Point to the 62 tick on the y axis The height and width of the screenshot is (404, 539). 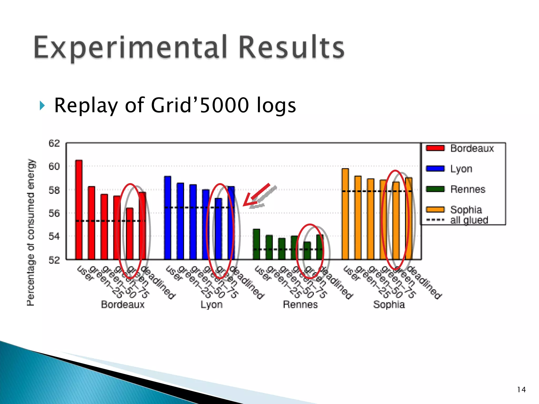54,144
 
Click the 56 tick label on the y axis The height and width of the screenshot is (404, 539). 54,213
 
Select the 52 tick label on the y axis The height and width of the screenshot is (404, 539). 54,260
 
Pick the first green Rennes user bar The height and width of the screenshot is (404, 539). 256,244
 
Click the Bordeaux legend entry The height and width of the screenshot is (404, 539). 461,148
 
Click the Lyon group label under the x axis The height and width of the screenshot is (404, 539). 211,305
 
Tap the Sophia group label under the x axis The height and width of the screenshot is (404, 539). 389,305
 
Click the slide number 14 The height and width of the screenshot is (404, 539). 521,390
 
